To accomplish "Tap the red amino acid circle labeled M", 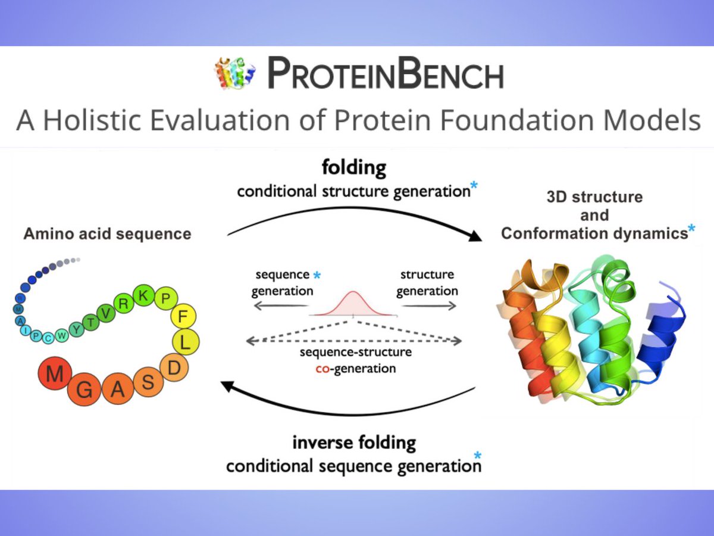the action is pyautogui.click(x=55, y=375).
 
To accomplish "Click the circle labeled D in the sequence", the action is pyautogui.click(x=174, y=368).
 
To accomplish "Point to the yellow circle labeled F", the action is pyautogui.click(x=183, y=315).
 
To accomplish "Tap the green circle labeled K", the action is pyautogui.click(x=143, y=295).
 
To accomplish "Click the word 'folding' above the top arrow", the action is pyautogui.click(x=353, y=169).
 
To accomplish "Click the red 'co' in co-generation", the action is pyautogui.click(x=323, y=369).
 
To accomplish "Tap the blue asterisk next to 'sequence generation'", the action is pyautogui.click(x=317, y=275).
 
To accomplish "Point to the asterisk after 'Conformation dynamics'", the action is pyautogui.click(x=691, y=229).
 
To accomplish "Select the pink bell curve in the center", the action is pyautogui.click(x=352, y=303).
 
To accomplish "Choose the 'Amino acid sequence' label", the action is pyautogui.click(x=107, y=233).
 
